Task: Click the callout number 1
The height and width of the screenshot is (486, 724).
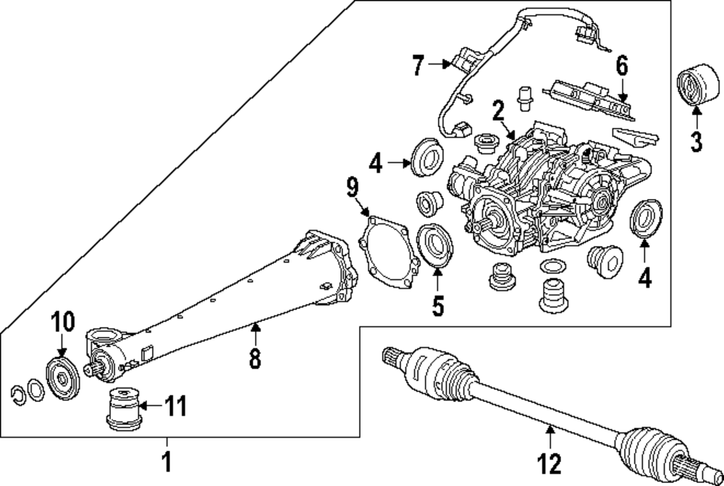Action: point(167,460)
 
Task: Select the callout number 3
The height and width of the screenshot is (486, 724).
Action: point(696,140)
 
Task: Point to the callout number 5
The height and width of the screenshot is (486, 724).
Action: point(437,305)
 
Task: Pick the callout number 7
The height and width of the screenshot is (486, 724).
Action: point(417,65)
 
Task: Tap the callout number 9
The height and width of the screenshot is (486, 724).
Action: point(353,189)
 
